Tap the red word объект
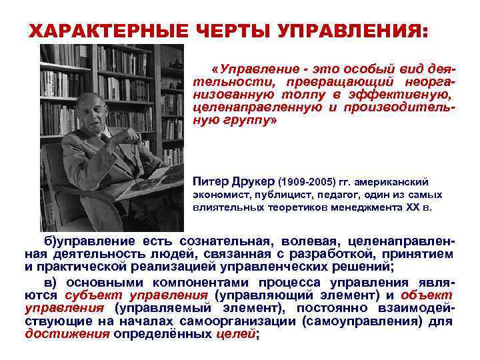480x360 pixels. coord(427,295)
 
